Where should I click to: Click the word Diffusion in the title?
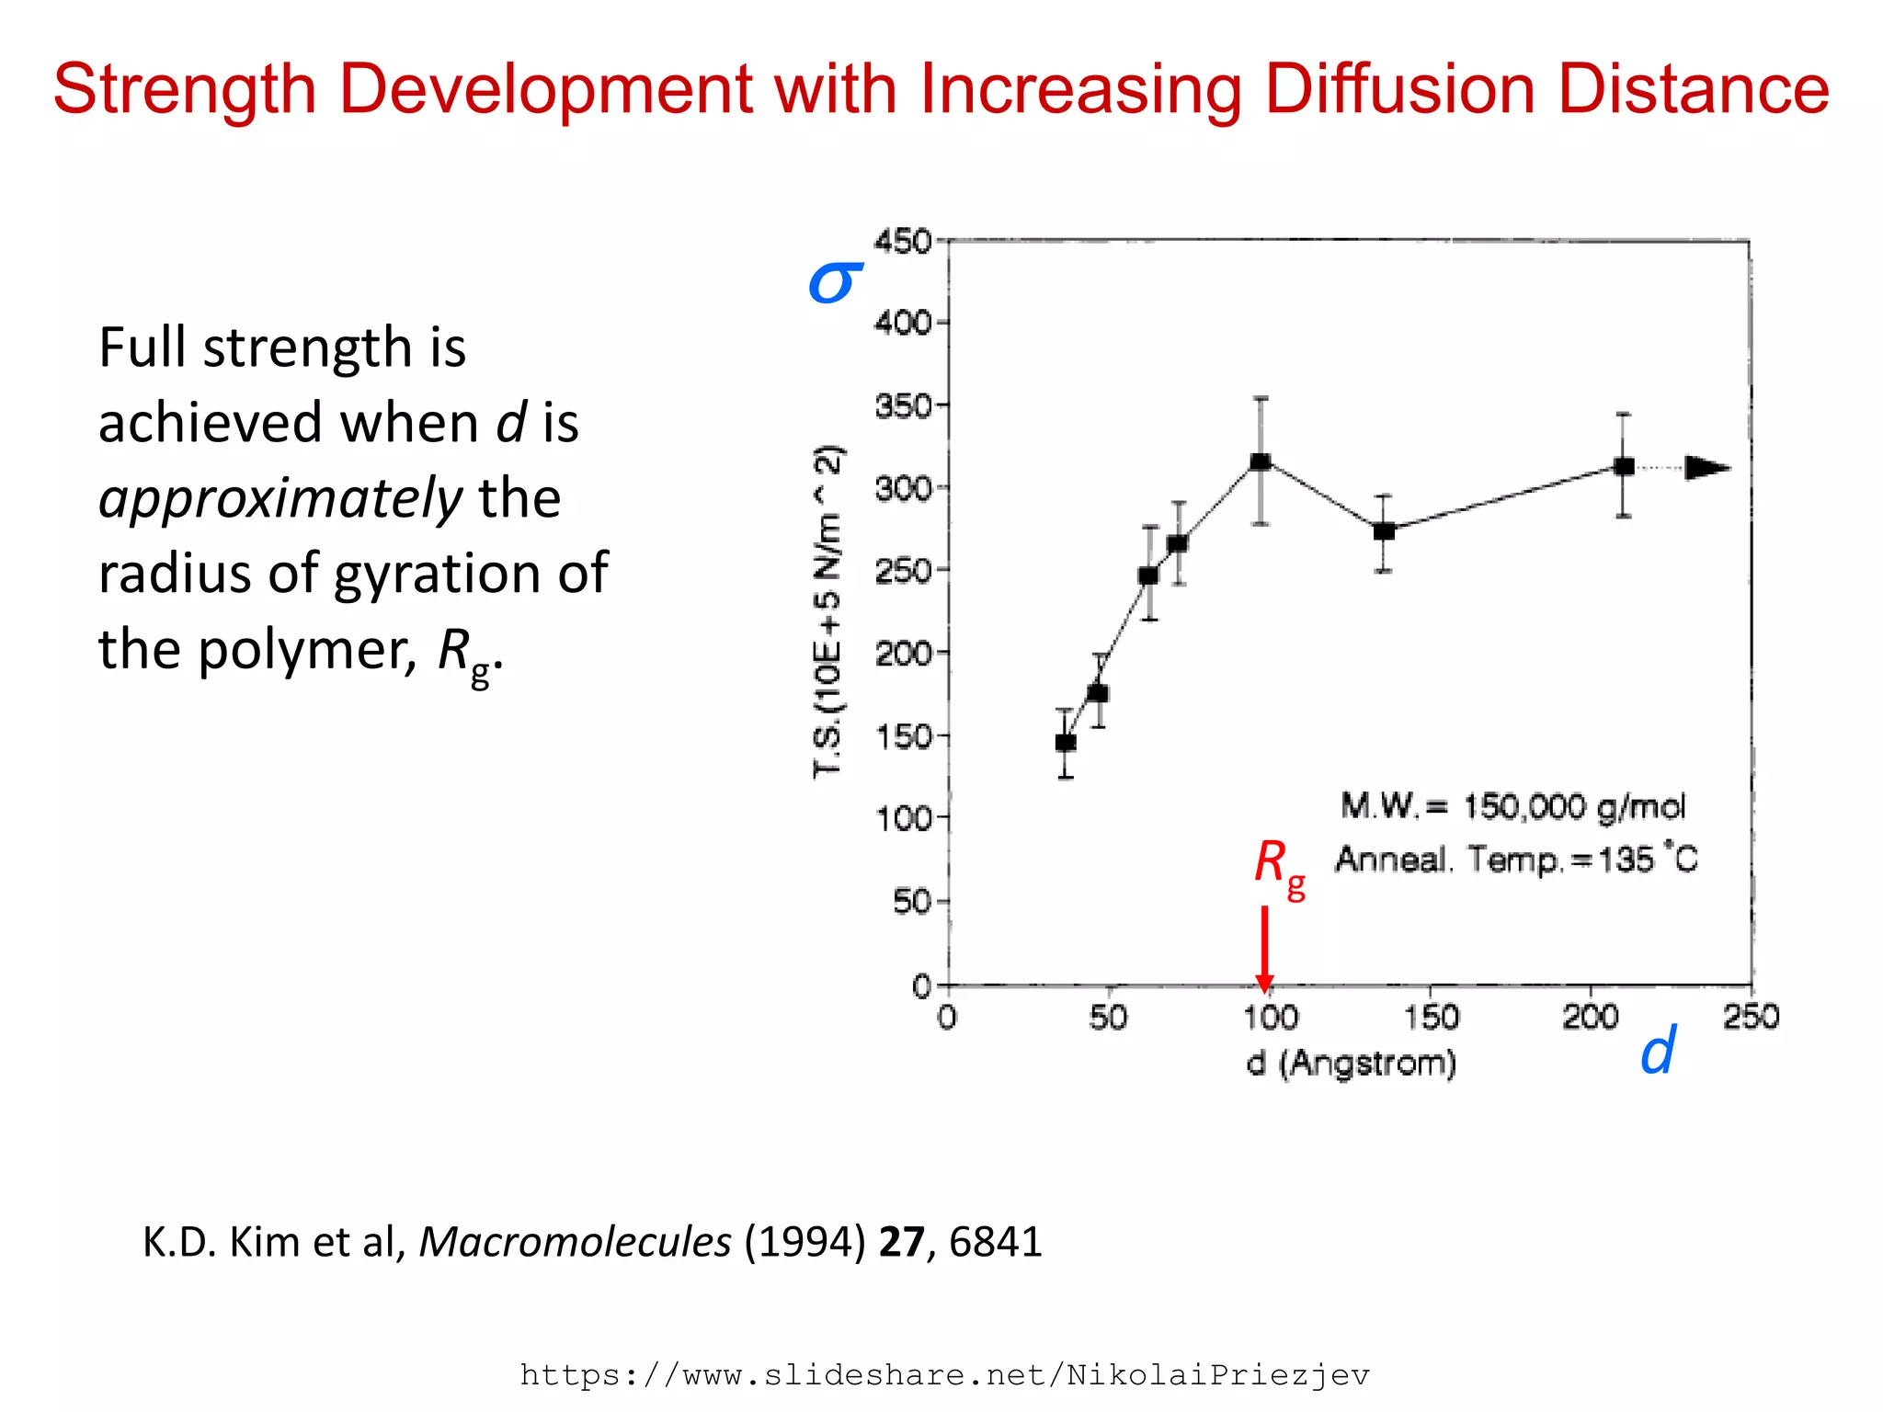click(x=1399, y=90)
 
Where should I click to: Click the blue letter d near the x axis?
click(x=1658, y=1051)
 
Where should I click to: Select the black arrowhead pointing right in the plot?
click(x=1706, y=468)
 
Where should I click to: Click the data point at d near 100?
click(x=1261, y=461)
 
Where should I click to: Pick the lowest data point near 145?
click(x=1066, y=742)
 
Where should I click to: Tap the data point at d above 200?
click(x=1624, y=466)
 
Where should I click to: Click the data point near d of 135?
click(x=1384, y=531)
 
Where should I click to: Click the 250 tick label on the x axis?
click(x=1751, y=1017)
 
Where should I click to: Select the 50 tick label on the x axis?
click(x=1108, y=1018)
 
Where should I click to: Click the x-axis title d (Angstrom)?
click(x=1352, y=1064)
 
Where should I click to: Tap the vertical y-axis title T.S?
click(x=827, y=611)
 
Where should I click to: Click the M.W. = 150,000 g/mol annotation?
click(x=1512, y=806)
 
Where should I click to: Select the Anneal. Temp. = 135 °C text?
click(x=1515, y=860)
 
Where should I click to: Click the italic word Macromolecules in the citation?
click(x=575, y=1242)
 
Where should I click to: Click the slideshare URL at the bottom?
click(x=944, y=1375)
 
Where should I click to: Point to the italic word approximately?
click(x=280, y=499)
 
